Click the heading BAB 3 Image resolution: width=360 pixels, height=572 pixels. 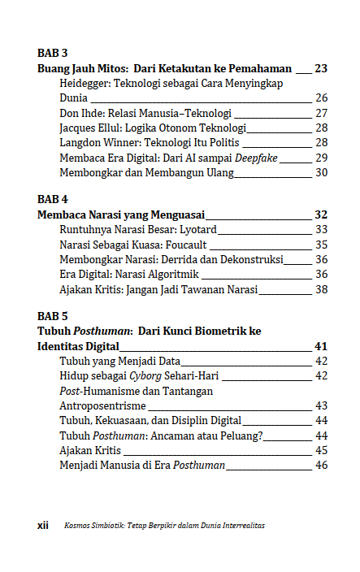pyautogui.click(x=52, y=53)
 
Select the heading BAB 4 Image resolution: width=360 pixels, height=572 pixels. pyautogui.click(x=52, y=198)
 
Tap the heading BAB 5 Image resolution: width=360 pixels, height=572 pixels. pyautogui.click(x=52, y=315)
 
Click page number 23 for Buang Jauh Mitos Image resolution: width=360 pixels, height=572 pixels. pyautogui.click(x=321, y=68)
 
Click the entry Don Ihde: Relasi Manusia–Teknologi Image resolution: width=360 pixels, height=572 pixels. pyautogui.click(x=145, y=113)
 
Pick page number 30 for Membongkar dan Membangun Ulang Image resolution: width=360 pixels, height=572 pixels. pyautogui.click(x=321, y=171)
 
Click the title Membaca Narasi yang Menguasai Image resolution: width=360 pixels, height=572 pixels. pyautogui.click(x=121, y=214)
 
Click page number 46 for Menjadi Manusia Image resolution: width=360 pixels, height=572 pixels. pyautogui.click(x=321, y=465)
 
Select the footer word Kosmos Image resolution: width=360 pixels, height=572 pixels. pyautogui.click(x=78, y=525)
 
